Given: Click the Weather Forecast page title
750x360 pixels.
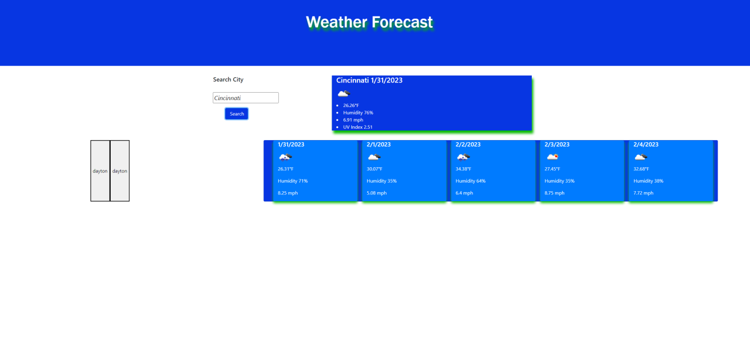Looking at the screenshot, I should point(369,22).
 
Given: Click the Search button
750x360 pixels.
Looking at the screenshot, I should point(237,113).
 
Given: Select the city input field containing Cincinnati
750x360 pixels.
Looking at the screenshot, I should point(245,98).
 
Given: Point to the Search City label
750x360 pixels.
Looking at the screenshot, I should point(228,79).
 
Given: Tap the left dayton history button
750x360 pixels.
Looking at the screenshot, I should point(100,171).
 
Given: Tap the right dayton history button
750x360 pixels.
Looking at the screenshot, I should point(120,171).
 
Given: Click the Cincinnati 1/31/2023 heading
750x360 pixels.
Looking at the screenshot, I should point(369,80).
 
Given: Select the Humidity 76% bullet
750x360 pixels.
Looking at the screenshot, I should point(358,113).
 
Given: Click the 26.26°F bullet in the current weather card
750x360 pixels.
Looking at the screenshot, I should point(351,105).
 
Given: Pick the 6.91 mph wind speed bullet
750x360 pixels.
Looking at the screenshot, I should point(353,120).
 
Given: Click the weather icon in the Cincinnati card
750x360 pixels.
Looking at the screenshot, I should point(343,94).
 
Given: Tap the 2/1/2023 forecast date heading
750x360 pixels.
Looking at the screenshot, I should point(378,144).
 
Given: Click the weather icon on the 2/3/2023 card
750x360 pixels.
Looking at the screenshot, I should point(553,157).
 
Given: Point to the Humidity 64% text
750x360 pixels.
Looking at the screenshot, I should point(470,181).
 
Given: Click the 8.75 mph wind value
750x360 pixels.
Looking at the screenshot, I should point(554,193).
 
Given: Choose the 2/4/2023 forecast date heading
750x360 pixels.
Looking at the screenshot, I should point(646,144).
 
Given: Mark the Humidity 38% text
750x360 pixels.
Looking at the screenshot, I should point(648,181).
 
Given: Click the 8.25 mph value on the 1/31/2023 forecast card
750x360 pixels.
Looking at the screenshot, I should point(287,193).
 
